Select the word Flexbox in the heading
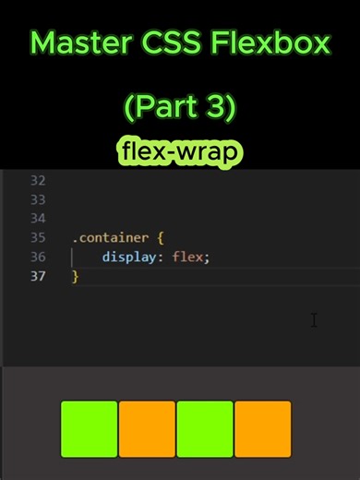tap(272, 42)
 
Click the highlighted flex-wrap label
tap(180, 149)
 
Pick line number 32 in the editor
tap(37, 180)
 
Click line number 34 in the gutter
tap(37, 218)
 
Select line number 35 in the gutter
tap(37, 237)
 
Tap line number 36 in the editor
tap(37, 257)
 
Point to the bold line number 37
tap(37, 276)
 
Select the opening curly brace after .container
tap(161, 237)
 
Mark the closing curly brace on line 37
tap(76, 276)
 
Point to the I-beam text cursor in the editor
tap(314, 320)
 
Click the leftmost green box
tap(90, 429)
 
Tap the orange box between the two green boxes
tap(147, 429)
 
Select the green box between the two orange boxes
tap(205, 429)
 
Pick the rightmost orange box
tap(263, 429)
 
